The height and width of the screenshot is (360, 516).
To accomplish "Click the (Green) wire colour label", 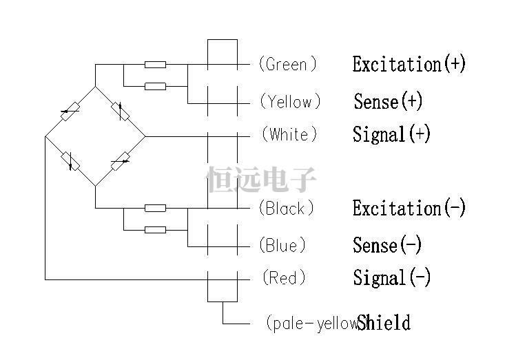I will click(x=287, y=65).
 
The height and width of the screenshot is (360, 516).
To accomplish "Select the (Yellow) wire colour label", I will click(x=290, y=102).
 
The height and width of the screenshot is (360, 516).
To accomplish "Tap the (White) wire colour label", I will click(x=289, y=134).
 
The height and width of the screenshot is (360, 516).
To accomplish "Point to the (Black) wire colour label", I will click(x=286, y=208).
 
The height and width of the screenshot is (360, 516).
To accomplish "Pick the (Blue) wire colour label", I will click(x=282, y=245).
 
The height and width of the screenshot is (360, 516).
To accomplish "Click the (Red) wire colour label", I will click(x=284, y=278).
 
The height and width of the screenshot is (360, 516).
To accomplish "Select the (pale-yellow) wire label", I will click(x=311, y=323).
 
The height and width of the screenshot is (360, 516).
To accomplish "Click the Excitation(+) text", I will click(x=409, y=65).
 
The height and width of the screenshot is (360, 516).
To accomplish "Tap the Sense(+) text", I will click(x=388, y=102).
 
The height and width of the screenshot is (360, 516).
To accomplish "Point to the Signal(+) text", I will click(x=391, y=134).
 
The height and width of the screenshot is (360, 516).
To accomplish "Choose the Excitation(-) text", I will click(x=409, y=208).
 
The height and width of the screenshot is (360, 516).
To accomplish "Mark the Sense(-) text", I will click(x=387, y=245).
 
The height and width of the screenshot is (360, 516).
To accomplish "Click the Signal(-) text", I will click(x=391, y=278).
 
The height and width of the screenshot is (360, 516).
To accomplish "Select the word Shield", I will click(x=384, y=323).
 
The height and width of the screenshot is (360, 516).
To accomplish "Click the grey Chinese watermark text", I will click(x=262, y=180).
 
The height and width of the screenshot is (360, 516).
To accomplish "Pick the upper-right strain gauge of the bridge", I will click(x=120, y=111).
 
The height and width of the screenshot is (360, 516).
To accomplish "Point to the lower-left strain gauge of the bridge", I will click(x=70, y=160).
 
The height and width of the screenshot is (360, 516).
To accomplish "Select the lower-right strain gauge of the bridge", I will click(x=120, y=161).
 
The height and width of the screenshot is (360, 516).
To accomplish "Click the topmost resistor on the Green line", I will click(x=155, y=65).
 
